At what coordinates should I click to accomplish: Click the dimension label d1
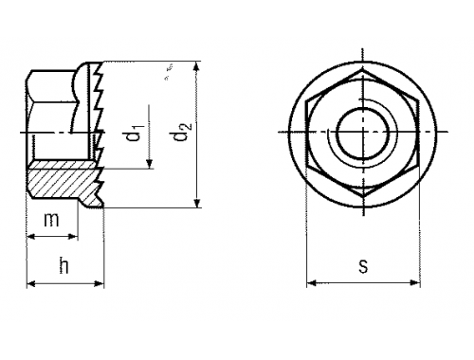coord(136,133)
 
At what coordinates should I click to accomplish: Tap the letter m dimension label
coord(51,220)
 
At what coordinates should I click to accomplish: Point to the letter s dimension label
coord(363,266)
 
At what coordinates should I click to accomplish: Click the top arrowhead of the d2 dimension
coord(196,67)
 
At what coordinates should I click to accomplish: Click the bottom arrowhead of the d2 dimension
coord(197,202)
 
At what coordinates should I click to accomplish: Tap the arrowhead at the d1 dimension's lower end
coord(149,164)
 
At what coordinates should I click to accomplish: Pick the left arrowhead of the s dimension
coord(312,282)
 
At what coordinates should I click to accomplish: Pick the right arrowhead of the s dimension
coord(415,282)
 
